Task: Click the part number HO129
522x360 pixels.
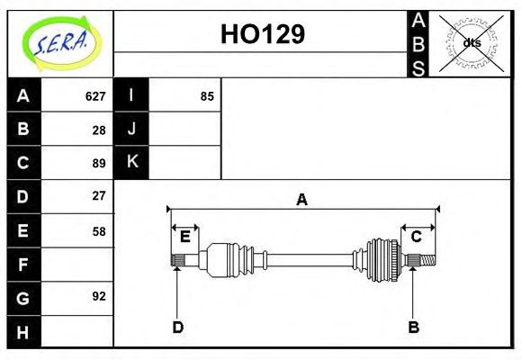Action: coord(262,34)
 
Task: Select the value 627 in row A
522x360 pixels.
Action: coord(95,96)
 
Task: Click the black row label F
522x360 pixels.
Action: coord(23,265)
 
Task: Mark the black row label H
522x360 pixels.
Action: coord(23,331)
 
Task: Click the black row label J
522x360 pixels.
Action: coord(131,129)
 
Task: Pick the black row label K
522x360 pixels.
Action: coord(131,162)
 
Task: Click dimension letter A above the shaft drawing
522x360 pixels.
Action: coord(302,200)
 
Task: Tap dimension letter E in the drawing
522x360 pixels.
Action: coord(184,237)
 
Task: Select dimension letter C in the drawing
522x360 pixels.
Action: coord(417,237)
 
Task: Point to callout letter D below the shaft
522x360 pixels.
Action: coord(178,327)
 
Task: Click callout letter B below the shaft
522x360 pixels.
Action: coord(414,327)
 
